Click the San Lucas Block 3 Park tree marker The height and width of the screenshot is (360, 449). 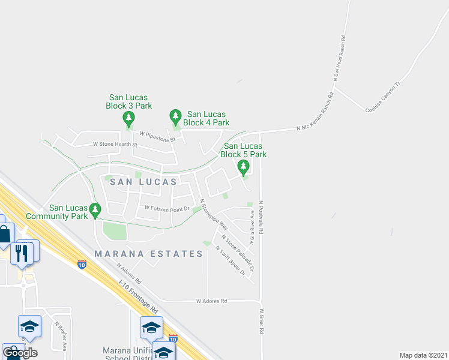tap(128, 117)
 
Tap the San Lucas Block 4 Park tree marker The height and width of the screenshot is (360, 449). tap(175, 114)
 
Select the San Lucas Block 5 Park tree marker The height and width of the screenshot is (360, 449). tap(243, 166)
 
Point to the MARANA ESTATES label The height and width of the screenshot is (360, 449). tap(149, 254)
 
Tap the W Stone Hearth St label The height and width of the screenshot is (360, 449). tap(115, 145)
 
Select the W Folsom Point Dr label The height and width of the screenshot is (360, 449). tap(167, 208)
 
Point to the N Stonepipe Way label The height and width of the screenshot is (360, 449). tap(214, 215)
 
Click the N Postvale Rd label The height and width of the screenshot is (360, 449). tap(262, 217)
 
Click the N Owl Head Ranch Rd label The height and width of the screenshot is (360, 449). tap(339, 58)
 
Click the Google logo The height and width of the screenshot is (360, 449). tap(20, 353)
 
